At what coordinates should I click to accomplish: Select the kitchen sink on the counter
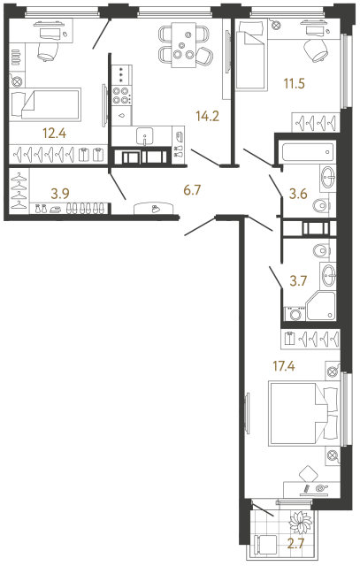coord(146,135)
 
